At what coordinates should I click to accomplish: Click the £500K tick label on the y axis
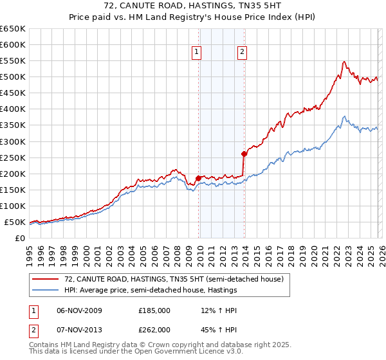tap(13, 77)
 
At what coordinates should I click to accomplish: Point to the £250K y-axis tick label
tap(13, 157)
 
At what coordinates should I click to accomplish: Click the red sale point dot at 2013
tap(244, 154)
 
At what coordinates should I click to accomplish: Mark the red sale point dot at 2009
tap(198, 178)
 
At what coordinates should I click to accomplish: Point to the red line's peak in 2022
tap(344, 62)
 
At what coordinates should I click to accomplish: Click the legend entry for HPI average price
tap(151, 291)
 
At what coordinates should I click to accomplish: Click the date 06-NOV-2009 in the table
tap(78, 310)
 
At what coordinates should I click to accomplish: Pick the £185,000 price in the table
tap(154, 310)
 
